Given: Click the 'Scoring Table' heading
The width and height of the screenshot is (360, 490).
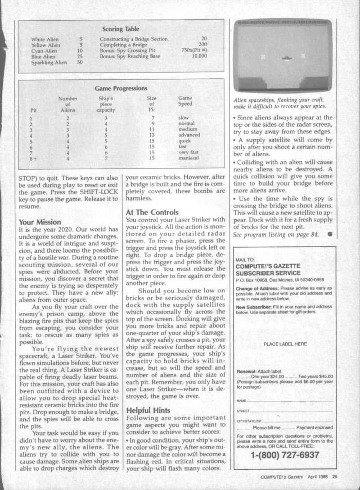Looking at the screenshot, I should click(120, 29).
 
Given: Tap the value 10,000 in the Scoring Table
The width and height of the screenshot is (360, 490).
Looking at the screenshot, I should click(198, 56).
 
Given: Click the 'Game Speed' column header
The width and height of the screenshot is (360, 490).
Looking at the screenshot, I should click(185, 101).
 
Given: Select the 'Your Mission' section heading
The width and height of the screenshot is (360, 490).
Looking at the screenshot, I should click(40, 222).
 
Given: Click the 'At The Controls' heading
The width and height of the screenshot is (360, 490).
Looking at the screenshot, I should click(153, 212).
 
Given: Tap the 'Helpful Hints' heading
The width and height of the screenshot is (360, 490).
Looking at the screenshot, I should click(148, 410).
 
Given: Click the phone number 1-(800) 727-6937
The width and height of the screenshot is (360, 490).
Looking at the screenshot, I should click(284, 455).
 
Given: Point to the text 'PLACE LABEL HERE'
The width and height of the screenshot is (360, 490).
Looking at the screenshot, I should click(285, 344).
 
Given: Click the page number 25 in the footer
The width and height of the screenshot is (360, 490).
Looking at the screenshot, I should click(335, 477).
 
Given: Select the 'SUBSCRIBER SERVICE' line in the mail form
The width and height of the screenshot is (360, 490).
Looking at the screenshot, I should click(268, 272).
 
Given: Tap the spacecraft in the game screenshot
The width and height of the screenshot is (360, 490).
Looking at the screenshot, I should click(286, 57).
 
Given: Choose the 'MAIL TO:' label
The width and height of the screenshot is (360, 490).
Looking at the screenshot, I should click(245, 260).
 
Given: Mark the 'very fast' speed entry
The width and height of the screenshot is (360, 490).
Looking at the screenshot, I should click(189, 152).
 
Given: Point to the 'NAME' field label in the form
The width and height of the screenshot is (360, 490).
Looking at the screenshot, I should click(241, 400).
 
